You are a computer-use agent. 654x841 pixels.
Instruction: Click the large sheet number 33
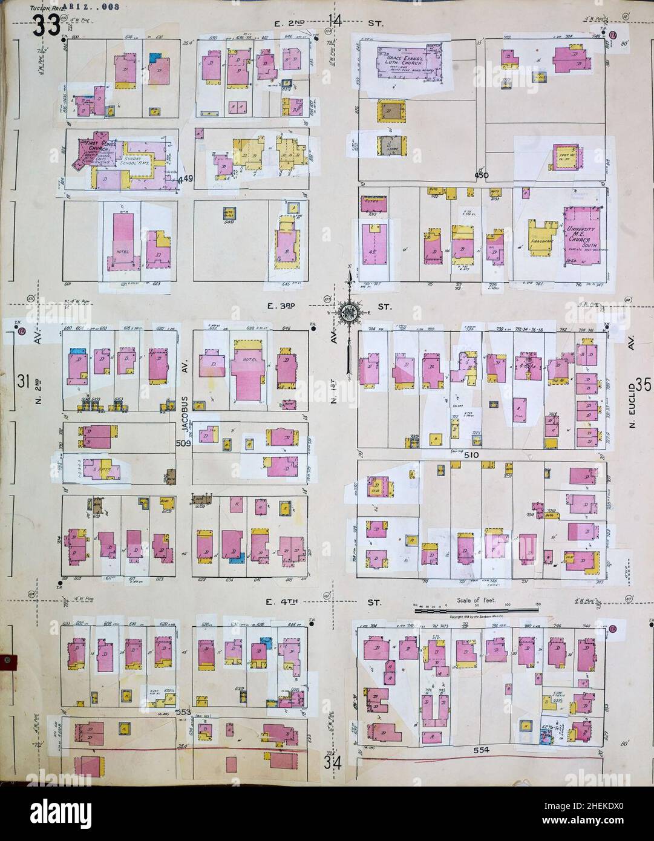(47, 25)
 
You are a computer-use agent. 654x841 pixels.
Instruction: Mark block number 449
(188, 178)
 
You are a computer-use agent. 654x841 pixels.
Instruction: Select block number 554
(481, 750)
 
